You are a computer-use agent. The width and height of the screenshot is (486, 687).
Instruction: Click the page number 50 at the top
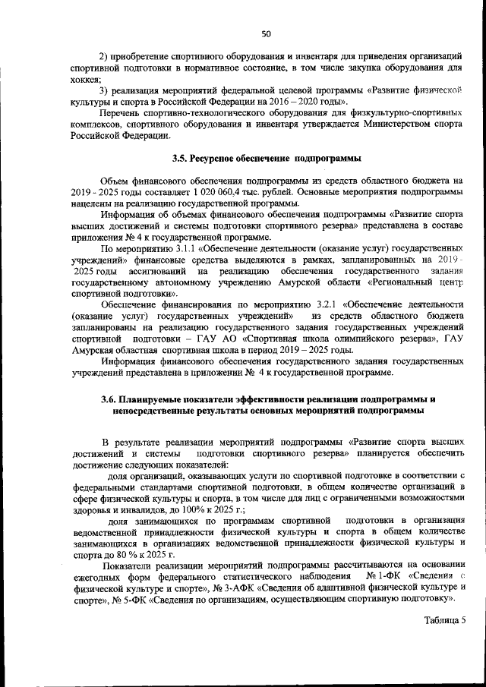coord(266,33)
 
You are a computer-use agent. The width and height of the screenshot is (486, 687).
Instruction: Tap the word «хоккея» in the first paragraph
coord(86,79)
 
